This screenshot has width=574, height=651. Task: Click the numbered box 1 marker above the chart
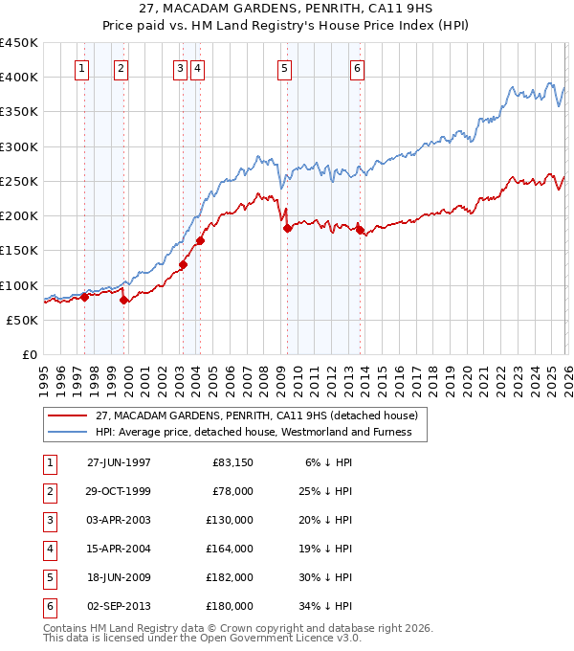pyautogui.click(x=82, y=68)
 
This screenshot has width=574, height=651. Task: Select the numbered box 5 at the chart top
pyautogui.click(x=285, y=68)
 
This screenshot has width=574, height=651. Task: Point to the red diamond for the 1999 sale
pyautogui.click(x=124, y=301)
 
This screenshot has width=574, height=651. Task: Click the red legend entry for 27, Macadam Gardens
pyautogui.click(x=256, y=416)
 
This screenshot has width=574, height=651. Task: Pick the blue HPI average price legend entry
pyautogui.click(x=253, y=432)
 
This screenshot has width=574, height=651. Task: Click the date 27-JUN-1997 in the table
pyautogui.click(x=119, y=462)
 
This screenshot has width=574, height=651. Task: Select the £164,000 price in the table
pyautogui.click(x=231, y=549)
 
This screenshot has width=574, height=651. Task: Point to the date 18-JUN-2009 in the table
pyautogui.click(x=119, y=577)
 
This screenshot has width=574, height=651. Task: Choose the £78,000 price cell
pyautogui.click(x=233, y=491)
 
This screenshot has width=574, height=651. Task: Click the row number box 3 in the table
pyautogui.click(x=49, y=520)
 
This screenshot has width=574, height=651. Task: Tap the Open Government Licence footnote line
pyautogui.click(x=202, y=637)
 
